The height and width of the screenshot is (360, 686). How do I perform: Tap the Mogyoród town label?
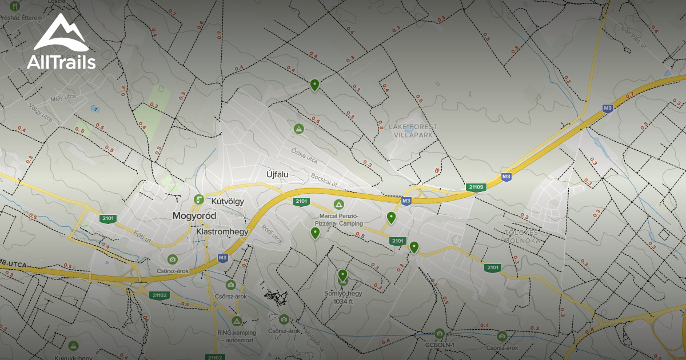(x=194, y=217)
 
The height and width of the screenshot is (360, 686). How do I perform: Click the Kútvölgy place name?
(x=228, y=201)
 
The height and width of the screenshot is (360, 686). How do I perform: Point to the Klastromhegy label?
(x=222, y=232)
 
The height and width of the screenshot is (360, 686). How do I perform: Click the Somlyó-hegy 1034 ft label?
(x=343, y=297)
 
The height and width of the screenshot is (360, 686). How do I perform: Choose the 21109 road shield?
(x=476, y=187)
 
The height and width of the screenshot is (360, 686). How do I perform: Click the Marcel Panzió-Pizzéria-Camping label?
(x=338, y=219)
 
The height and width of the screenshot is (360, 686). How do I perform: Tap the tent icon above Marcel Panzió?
(x=338, y=205)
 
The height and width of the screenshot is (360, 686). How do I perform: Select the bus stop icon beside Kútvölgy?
(x=199, y=199)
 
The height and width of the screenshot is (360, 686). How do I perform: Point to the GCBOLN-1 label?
(x=440, y=345)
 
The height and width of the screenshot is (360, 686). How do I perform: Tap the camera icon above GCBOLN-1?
(x=439, y=333)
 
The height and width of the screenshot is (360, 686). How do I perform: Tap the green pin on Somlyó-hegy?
(x=342, y=275)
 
